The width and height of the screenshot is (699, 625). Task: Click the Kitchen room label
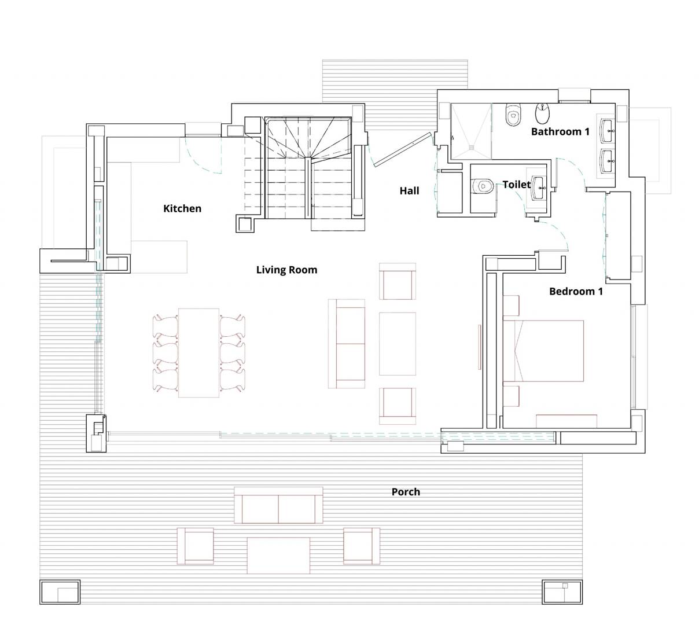click(x=182, y=208)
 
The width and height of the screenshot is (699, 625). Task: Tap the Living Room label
click(x=286, y=270)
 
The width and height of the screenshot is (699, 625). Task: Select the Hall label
click(x=409, y=190)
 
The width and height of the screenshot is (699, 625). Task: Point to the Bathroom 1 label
click(x=560, y=131)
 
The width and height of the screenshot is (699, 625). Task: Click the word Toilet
click(x=516, y=184)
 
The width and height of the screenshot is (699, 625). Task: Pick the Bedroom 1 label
click(x=576, y=291)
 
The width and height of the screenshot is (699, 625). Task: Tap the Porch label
click(x=406, y=492)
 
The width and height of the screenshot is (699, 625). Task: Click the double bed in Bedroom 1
click(x=549, y=351)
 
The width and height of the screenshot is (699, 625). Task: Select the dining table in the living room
click(x=198, y=352)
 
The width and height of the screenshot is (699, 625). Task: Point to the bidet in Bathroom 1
click(x=543, y=113)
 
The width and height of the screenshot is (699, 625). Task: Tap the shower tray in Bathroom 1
click(x=471, y=131)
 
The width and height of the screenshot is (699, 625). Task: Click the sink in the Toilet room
click(x=539, y=187)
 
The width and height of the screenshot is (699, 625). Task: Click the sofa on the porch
click(x=278, y=505)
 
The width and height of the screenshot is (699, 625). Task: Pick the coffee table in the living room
click(x=397, y=344)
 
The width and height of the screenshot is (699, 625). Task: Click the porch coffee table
click(x=278, y=555)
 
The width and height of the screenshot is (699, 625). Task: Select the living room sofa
click(x=347, y=344)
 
